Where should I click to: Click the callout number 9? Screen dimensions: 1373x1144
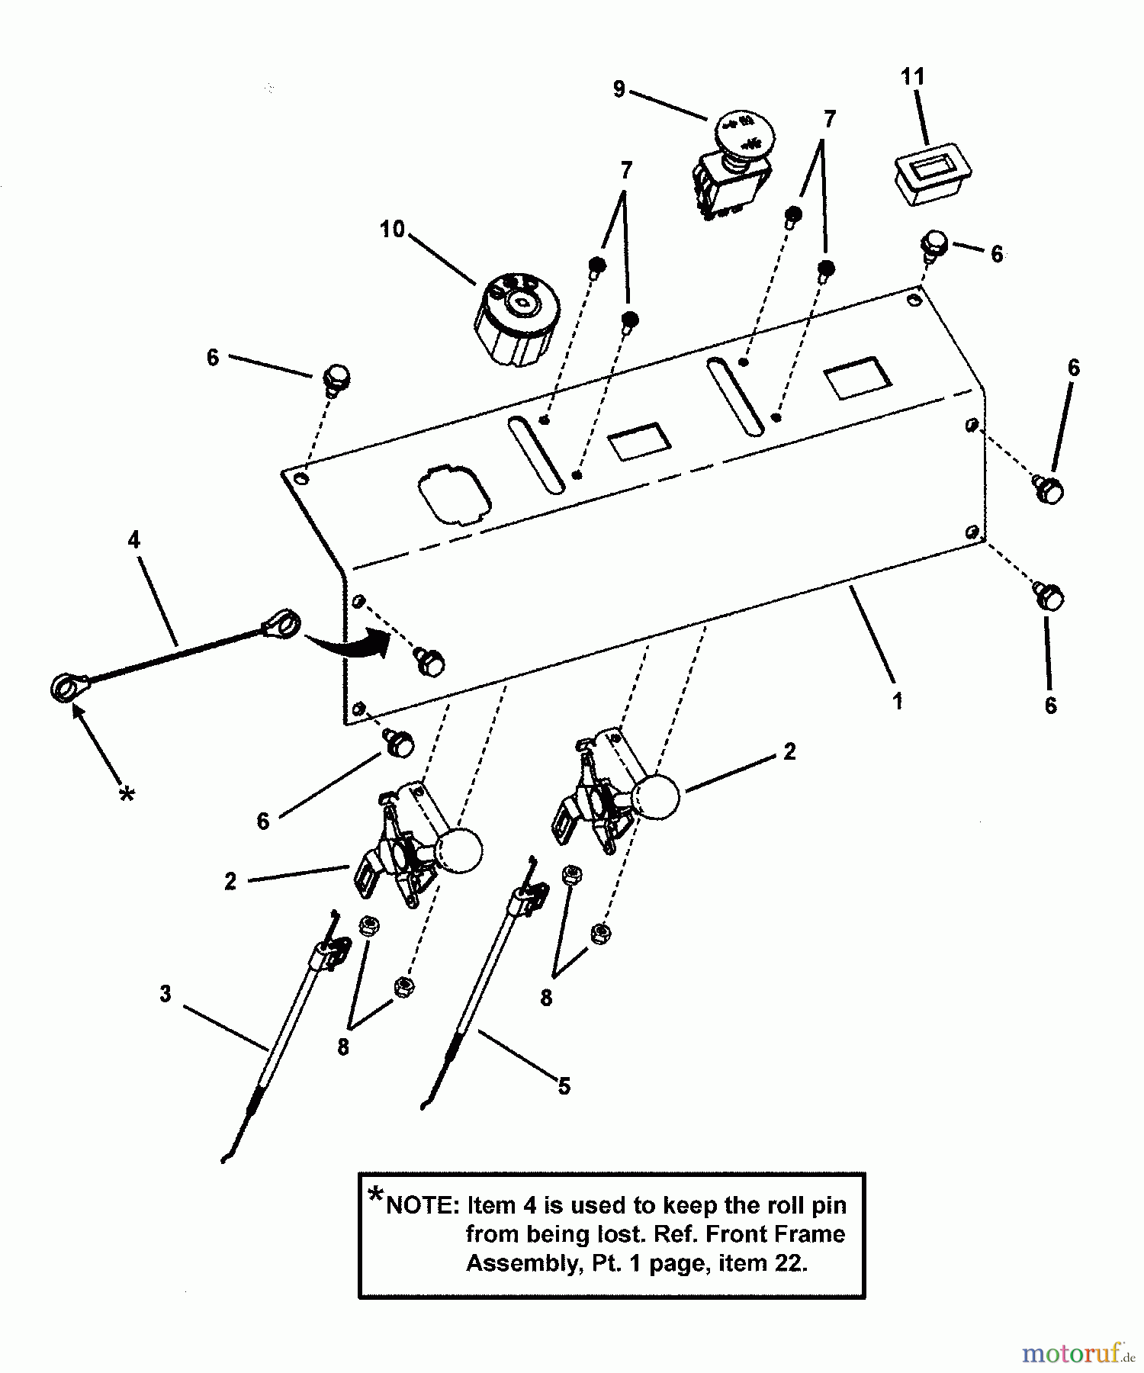click(619, 90)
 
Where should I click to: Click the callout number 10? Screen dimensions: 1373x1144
click(392, 229)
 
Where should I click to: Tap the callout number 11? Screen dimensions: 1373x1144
click(912, 77)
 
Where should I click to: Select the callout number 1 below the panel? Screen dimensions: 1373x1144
click(898, 700)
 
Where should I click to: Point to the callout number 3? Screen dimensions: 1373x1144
click(165, 994)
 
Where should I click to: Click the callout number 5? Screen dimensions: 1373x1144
click(564, 1085)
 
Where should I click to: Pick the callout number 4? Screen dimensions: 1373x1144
click(134, 540)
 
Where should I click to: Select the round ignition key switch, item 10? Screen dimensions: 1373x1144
click(516, 319)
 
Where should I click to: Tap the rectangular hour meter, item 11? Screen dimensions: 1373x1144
click(931, 175)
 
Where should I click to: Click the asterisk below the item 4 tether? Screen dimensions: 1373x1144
click(127, 796)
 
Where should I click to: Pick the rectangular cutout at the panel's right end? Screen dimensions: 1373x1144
click(858, 378)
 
